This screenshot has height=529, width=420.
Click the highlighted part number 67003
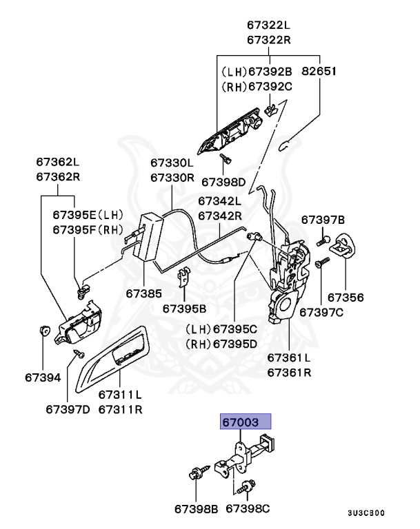[x=246, y=422]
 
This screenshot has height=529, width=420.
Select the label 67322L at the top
[x=269, y=25]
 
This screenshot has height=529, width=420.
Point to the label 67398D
[x=223, y=183]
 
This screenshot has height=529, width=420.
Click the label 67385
[x=144, y=293]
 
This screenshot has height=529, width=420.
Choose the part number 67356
[x=345, y=298]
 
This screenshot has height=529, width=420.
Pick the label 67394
[x=43, y=377]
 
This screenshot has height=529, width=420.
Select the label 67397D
[x=68, y=408]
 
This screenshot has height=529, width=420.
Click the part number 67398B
[x=196, y=509]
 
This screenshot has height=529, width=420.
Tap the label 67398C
[x=248, y=509]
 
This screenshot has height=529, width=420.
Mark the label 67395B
[x=185, y=309]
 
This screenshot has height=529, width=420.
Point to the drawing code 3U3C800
[x=366, y=513]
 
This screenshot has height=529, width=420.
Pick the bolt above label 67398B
[x=195, y=475]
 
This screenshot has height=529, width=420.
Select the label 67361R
[x=289, y=373]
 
